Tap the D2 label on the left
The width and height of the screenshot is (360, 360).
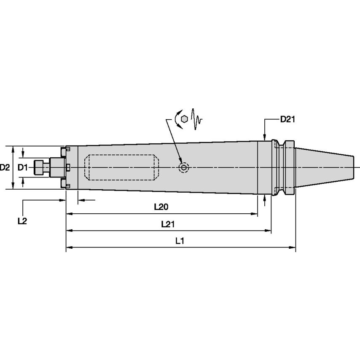pyautogui.click(x=5, y=167)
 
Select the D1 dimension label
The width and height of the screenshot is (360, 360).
pyautogui.click(x=22, y=167)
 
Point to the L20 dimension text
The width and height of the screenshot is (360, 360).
pyautogui.click(x=161, y=207)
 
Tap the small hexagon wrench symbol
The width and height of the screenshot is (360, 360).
pyautogui.click(x=184, y=119)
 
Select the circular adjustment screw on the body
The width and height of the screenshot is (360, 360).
pyautogui.click(x=184, y=168)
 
